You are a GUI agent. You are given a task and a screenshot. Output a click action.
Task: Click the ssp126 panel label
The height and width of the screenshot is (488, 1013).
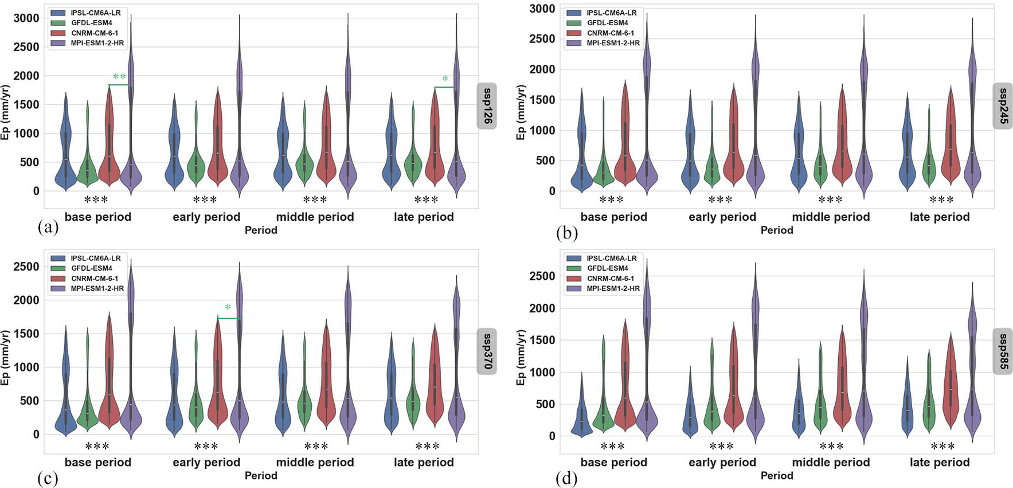pyautogui.click(x=487, y=106)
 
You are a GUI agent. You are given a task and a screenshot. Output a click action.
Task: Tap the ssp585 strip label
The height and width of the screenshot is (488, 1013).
pyautogui.click(x=1003, y=351)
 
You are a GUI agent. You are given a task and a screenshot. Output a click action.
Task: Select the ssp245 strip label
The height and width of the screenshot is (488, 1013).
pyautogui.click(x=1003, y=106)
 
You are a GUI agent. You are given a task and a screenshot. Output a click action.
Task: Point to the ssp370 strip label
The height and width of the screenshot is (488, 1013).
pyautogui.click(x=487, y=351)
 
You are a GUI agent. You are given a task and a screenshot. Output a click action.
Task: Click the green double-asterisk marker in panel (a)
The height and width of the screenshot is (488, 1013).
pyautogui.click(x=119, y=77)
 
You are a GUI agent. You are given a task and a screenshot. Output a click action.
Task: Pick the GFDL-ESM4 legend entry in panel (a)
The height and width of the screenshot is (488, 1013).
pyautogui.click(x=91, y=23)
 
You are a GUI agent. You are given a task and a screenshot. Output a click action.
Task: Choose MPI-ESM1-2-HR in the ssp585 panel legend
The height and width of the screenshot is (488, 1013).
pyautogui.click(x=613, y=288)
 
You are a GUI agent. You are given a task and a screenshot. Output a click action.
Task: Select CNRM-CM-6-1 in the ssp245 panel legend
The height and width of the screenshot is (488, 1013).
pyautogui.click(x=610, y=33)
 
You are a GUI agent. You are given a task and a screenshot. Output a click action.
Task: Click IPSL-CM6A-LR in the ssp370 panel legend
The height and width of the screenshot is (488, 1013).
pyautogui.click(x=95, y=258)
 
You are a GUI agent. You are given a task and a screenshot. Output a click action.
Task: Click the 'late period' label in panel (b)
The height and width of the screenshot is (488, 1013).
pyautogui.click(x=940, y=217)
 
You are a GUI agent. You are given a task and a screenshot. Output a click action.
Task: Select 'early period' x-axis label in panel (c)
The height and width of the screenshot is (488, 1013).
pyautogui.click(x=206, y=463)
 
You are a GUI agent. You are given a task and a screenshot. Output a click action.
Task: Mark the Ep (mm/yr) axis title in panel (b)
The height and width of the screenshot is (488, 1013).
pyautogui.click(x=521, y=112)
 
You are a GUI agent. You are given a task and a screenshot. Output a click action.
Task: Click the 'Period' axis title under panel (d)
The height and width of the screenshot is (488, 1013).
pyautogui.click(x=777, y=476)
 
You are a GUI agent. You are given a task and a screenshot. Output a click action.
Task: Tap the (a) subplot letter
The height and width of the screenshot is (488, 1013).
pyautogui.click(x=48, y=228)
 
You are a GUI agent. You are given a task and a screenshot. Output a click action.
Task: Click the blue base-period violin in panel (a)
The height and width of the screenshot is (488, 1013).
pyautogui.click(x=66, y=143)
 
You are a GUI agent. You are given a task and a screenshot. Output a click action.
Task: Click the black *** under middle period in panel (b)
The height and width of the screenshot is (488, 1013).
pyautogui.click(x=831, y=200)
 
